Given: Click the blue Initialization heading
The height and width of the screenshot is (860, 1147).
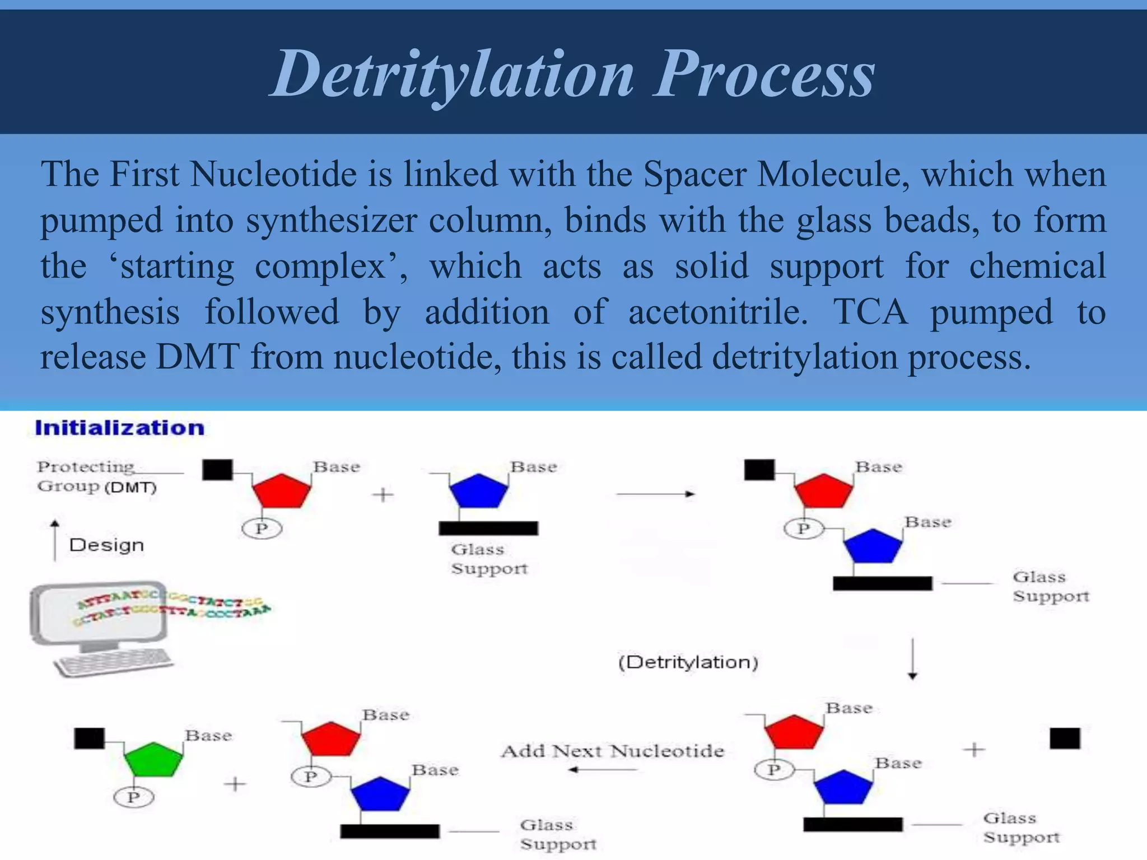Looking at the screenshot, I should [119, 428].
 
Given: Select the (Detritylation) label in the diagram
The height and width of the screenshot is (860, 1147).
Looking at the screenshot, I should [688, 662].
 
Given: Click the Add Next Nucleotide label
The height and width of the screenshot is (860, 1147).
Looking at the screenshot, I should [613, 751].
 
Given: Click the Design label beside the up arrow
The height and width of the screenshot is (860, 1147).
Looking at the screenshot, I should [106, 545].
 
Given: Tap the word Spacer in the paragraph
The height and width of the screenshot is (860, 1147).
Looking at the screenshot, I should [694, 174].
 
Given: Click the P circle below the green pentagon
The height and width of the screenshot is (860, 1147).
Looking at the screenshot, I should [133, 797].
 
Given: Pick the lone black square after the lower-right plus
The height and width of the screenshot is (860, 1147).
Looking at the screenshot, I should [1065, 739].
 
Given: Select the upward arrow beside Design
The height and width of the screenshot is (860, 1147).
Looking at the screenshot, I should [55, 540].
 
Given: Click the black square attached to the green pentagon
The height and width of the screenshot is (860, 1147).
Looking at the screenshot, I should [90, 738].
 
